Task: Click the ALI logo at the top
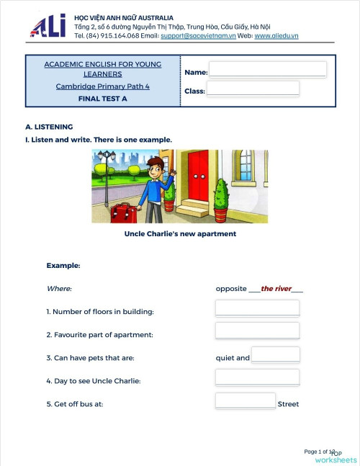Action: coord(48,26)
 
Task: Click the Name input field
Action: coord(267,70)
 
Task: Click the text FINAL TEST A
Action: coord(102,99)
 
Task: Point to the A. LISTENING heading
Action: coord(49,127)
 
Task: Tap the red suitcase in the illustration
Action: coord(123,212)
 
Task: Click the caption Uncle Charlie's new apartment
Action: coord(180,233)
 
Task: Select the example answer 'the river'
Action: coord(276,289)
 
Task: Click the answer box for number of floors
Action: coord(257,308)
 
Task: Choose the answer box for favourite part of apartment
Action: coord(257,331)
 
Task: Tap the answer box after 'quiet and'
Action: coord(275,355)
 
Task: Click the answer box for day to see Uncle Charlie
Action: coord(257,377)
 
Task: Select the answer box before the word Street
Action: coord(245,400)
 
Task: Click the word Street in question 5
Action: coord(288,404)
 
